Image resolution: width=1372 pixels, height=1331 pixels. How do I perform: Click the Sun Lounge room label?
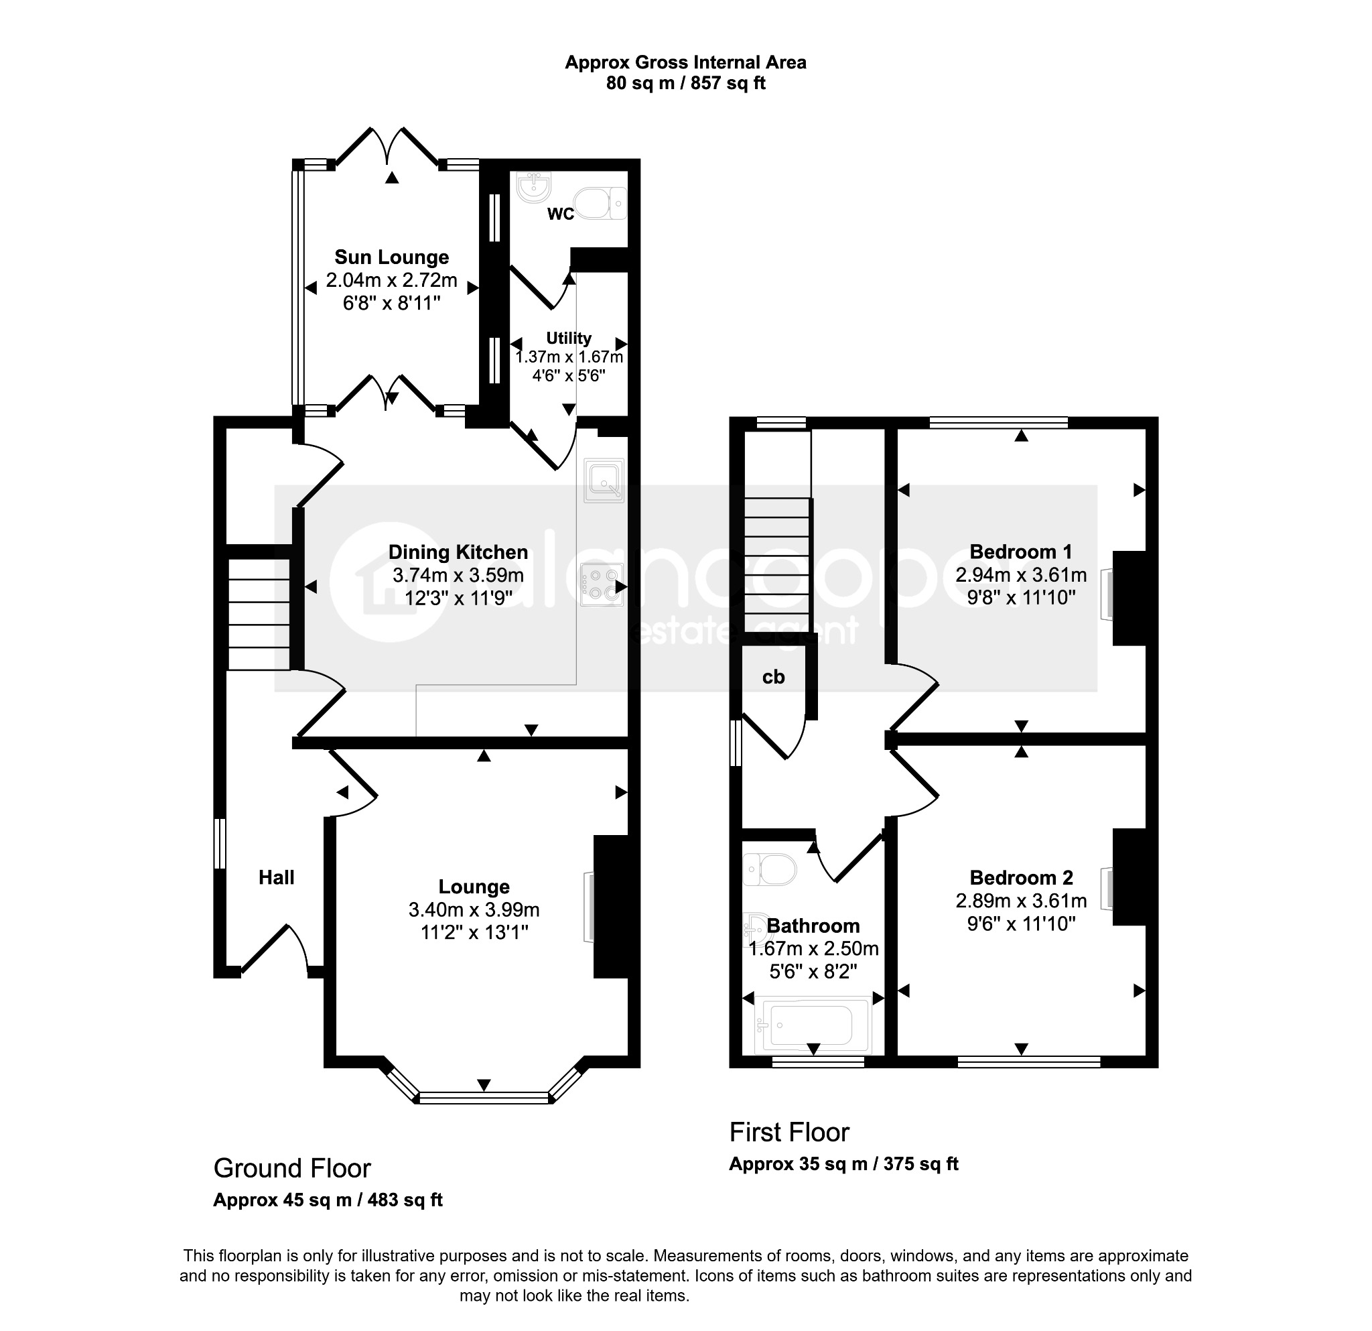[391, 257]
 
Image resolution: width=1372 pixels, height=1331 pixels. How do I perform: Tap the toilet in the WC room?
[604, 203]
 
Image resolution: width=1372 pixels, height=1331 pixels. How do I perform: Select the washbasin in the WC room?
[535, 187]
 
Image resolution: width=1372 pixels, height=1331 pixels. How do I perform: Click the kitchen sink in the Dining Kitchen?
[604, 481]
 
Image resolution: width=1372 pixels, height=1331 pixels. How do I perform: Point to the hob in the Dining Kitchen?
[602, 584]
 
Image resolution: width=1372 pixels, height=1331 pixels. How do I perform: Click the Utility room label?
[568, 338]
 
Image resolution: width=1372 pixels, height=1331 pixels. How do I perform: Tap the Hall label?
[277, 877]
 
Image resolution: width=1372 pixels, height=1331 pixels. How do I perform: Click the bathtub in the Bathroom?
[815, 1025]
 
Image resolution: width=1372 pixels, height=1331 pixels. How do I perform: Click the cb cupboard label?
[774, 677]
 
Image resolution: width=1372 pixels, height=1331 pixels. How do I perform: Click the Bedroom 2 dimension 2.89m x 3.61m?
[1022, 901]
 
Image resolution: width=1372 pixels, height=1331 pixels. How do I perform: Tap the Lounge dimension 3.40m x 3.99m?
[474, 909]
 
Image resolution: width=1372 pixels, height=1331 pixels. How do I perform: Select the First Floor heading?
[789, 1132]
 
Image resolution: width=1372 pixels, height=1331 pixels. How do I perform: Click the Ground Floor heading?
[292, 1168]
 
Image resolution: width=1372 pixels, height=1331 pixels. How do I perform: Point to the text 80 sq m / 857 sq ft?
[685, 83]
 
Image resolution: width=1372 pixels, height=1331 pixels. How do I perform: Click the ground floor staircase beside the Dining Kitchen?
[259, 614]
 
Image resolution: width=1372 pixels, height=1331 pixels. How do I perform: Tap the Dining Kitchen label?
[458, 552]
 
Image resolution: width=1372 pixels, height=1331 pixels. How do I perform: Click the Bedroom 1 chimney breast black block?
[1129, 598]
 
